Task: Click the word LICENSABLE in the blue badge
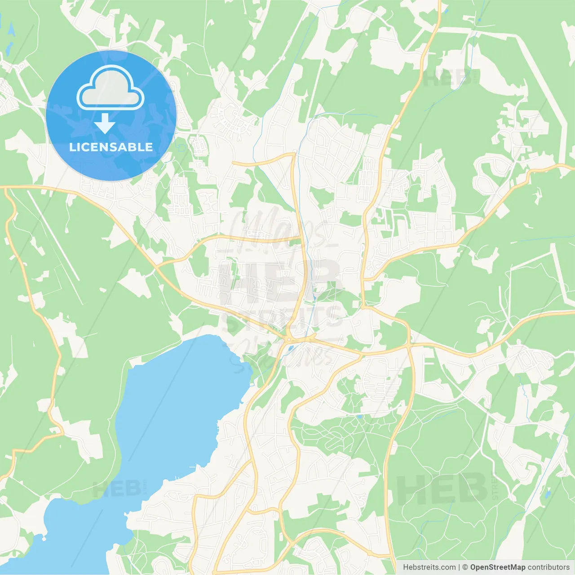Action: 111,147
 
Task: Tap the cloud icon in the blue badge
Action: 111,88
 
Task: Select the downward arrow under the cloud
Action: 105,123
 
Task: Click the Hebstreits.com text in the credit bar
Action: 429,567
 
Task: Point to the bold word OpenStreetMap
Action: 498,567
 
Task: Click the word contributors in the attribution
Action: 548,567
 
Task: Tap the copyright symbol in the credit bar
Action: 465,567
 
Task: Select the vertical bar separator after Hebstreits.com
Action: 459,567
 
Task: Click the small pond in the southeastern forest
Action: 547,495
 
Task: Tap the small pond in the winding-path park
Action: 359,417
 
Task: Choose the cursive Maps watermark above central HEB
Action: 279,231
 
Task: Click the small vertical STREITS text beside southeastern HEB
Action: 495,489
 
